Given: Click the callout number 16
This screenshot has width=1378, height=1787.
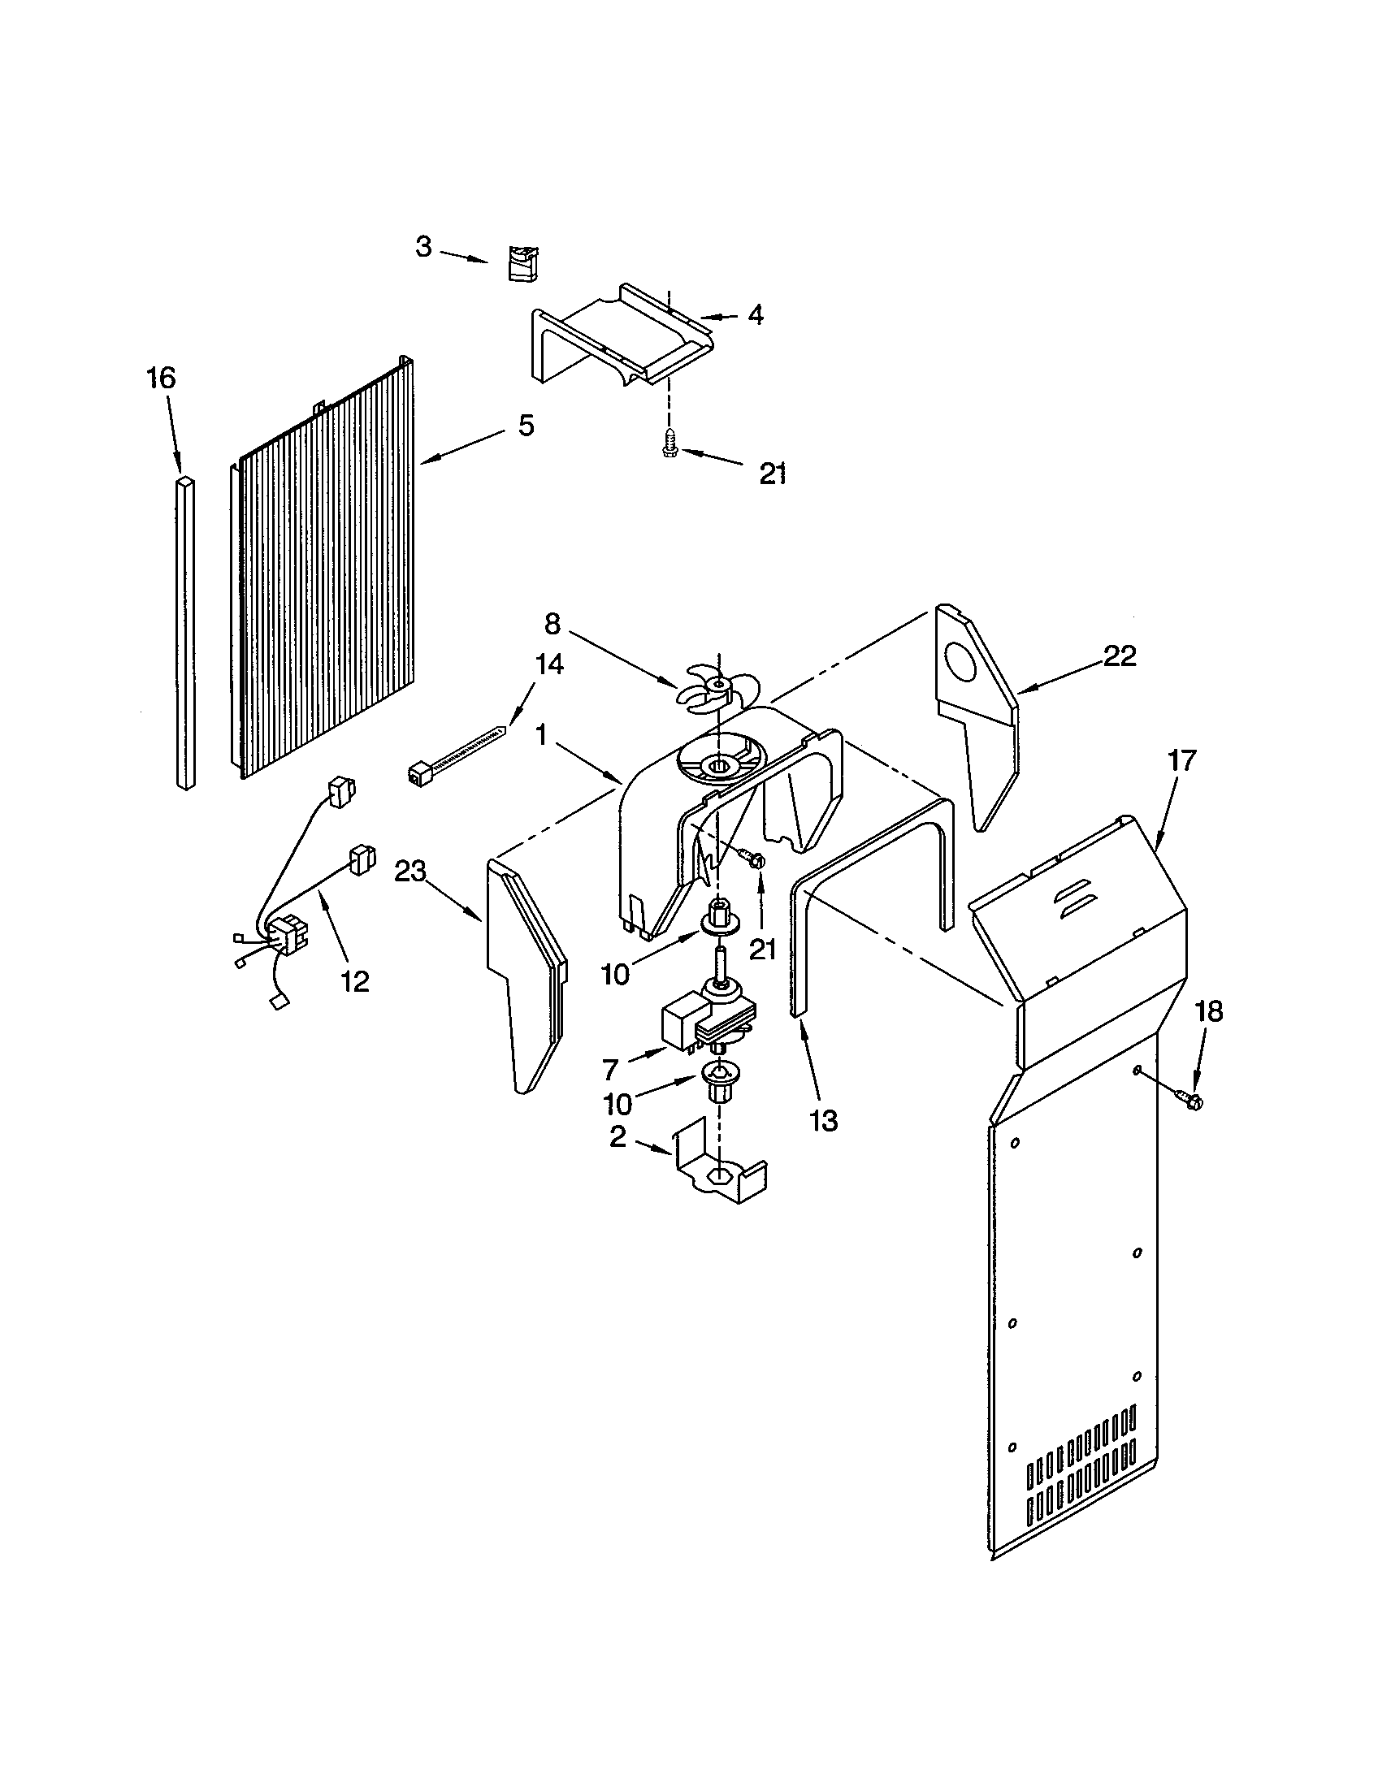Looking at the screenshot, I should coord(161,378).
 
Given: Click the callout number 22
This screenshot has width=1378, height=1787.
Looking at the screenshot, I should coord(1119,656).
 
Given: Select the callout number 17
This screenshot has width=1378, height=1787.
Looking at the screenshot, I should coord(1181,760).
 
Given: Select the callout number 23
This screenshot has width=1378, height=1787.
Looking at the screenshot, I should coord(411,872).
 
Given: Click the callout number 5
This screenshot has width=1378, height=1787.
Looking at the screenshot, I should coord(526,425).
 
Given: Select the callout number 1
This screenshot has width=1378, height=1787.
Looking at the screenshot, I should coord(541,734).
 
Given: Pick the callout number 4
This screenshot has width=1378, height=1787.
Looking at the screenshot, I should coord(756,315).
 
